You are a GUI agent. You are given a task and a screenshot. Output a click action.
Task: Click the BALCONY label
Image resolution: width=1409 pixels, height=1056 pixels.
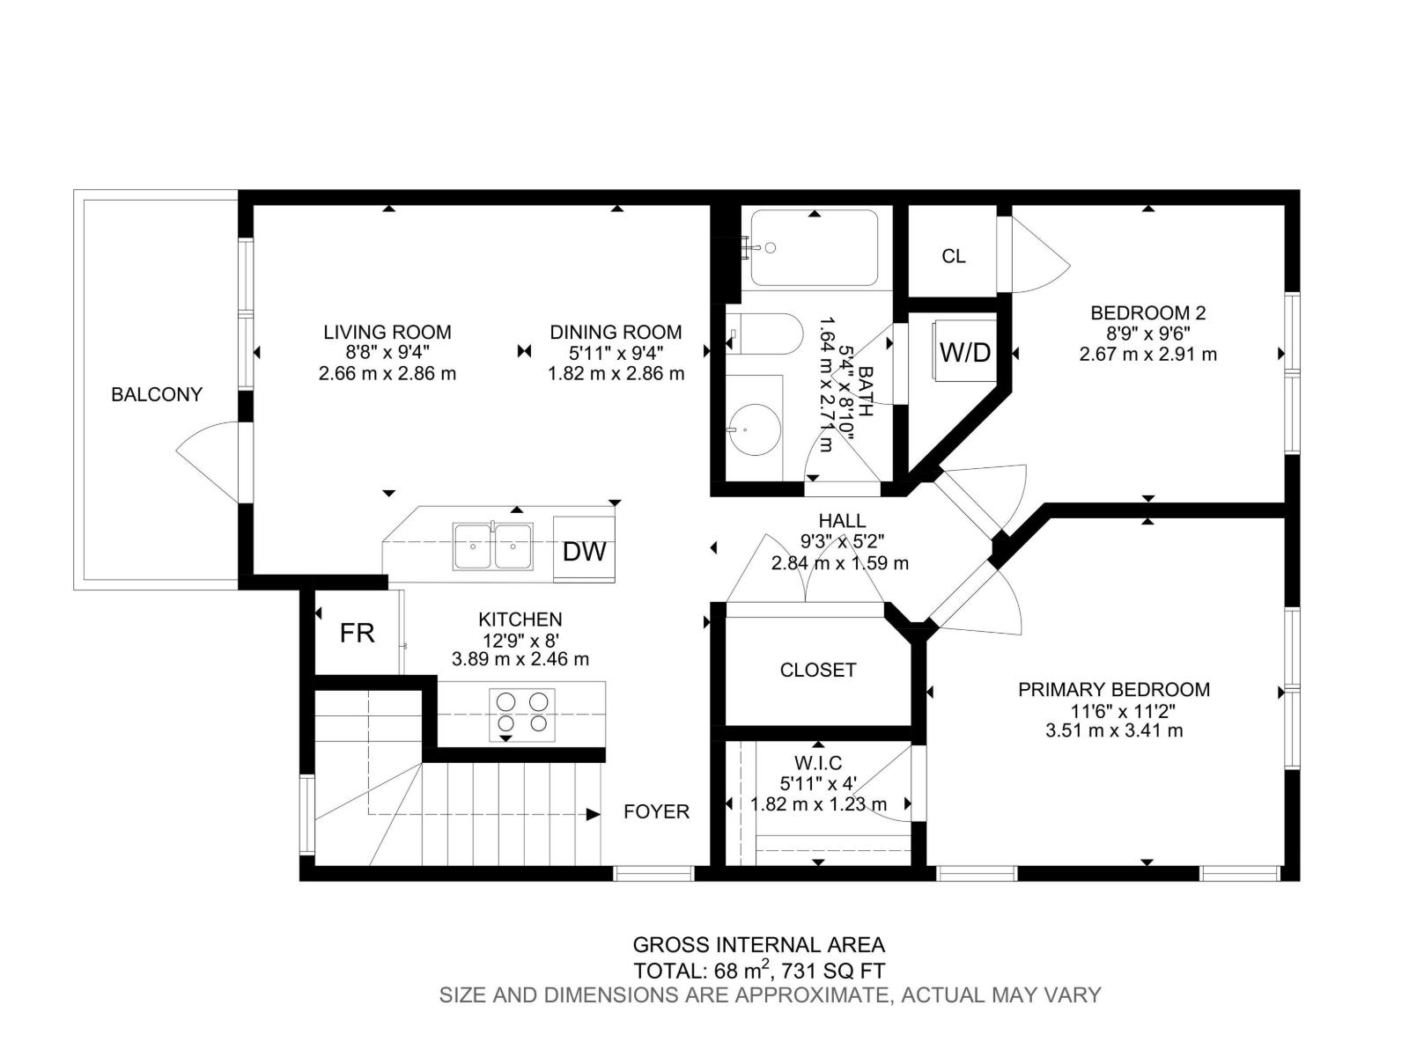coord(157,395)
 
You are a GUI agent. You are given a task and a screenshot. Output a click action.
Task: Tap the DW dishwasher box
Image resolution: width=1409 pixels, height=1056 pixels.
coord(584,551)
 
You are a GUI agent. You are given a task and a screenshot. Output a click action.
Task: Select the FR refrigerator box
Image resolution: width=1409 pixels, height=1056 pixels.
coord(358,633)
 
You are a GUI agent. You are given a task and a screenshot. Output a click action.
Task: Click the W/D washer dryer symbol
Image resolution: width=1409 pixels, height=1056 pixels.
coord(965,353)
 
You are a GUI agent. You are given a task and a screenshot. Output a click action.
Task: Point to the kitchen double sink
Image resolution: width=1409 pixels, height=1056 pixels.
coord(492,546)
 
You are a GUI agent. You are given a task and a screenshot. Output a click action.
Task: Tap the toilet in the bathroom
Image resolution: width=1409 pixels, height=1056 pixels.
coord(766,334)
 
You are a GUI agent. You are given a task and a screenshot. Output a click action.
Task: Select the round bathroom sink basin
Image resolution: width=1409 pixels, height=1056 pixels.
coord(756,429)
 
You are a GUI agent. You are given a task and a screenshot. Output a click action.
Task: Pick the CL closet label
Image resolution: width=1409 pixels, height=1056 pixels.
coord(953,256)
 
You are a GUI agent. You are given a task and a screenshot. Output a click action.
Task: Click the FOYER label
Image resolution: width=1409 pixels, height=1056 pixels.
coord(656,811)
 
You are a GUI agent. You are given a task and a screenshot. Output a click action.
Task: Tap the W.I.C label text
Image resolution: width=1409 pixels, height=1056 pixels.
coord(817,763)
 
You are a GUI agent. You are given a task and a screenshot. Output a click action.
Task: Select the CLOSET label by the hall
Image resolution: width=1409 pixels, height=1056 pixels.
coord(818,671)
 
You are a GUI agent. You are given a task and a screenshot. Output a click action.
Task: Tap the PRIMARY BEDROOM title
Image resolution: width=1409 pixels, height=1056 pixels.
coord(1114,690)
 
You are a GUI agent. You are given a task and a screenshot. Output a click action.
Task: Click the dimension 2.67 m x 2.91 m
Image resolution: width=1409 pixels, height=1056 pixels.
coord(1147,355)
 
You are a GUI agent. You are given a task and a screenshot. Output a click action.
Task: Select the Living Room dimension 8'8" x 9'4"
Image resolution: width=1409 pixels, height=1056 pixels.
coord(387,353)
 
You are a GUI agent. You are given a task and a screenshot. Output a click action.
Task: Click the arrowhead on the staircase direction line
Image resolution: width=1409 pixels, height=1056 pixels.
coord(593,815)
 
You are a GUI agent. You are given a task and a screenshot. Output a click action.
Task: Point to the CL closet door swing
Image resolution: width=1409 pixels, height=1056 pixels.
coord(1039,255)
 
